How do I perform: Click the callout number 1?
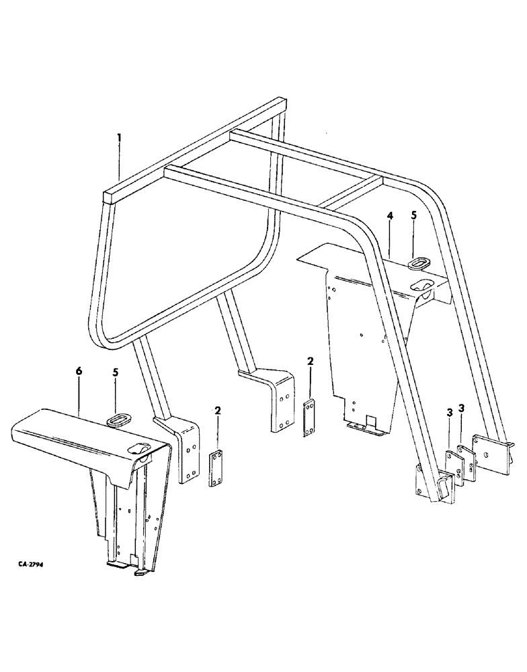click(119, 139)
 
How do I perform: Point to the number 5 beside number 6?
click(115, 390)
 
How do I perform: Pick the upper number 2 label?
click(311, 362)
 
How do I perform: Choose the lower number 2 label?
click(217, 410)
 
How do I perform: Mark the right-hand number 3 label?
click(461, 409)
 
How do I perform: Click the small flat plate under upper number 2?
click(311, 410)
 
